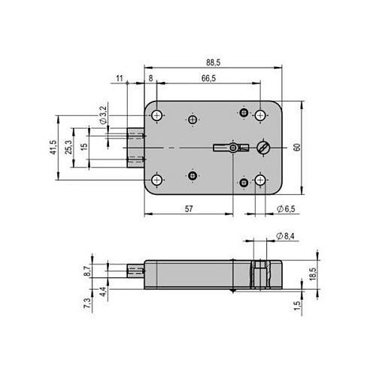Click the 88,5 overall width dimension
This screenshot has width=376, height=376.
[213, 62]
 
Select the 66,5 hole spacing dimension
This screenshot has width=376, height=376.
[208, 78]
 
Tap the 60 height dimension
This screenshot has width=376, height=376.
[297, 147]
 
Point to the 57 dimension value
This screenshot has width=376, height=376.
[189, 209]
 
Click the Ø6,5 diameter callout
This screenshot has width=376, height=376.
[286, 209]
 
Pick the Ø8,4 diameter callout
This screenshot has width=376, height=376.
[285, 236]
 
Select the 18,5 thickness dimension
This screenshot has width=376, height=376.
[313, 274]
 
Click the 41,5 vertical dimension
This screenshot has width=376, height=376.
[53, 147]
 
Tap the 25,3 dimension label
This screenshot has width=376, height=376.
[68, 147]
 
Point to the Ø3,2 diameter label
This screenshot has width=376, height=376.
[103, 115]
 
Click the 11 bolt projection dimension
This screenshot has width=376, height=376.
[120, 78]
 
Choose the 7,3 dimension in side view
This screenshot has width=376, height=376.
[87, 303]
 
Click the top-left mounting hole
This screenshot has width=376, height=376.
[157, 116]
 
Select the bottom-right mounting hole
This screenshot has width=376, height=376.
[260, 180]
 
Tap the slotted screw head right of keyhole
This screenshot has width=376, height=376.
[263, 147]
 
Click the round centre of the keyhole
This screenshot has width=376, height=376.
[233, 147]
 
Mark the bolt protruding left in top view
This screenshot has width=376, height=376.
[135, 147]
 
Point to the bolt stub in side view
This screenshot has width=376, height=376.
[135, 271]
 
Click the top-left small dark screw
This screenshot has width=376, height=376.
[193, 120]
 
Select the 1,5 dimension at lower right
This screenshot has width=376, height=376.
[297, 305]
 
